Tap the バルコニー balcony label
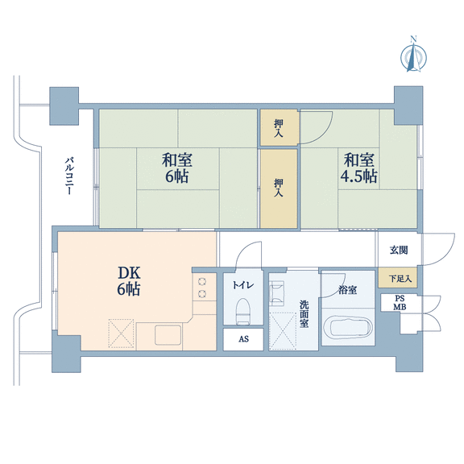[x=69, y=176]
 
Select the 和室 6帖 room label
[x=177, y=168]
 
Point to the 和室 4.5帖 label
[x=358, y=168]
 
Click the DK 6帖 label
[x=129, y=281]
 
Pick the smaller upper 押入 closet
[x=279, y=127]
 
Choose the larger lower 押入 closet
[x=279, y=188]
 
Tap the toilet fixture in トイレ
[x=243, y=312]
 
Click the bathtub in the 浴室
[x=348, y=329]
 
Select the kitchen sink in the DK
[x=168, y=334]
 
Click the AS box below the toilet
[x=243, y=339]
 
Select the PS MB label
[x=400, y=303]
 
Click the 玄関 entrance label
[x=399, y=251]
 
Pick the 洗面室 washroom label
[x=304, y=314]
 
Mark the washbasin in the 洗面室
[x=276, y=293]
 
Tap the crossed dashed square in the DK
[x=122, y=333]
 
